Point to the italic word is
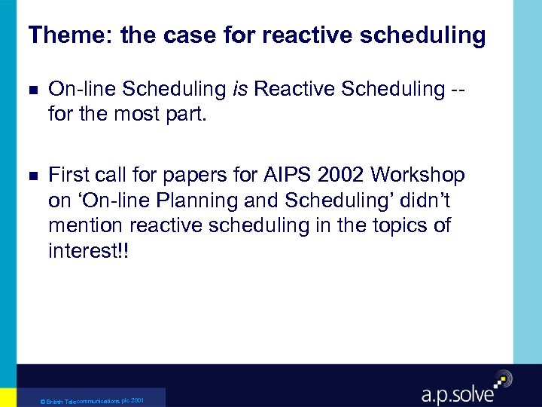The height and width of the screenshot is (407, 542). click(x=241, y=89)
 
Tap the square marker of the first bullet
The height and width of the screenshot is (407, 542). click(x=32, y=90)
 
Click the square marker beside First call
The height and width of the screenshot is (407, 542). click(x=32, y=176)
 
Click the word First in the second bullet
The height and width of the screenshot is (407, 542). click(x=69, y=176)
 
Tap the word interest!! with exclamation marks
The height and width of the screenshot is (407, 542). click(x=88, y=250)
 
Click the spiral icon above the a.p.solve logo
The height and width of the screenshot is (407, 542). click(x=501, y=378)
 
